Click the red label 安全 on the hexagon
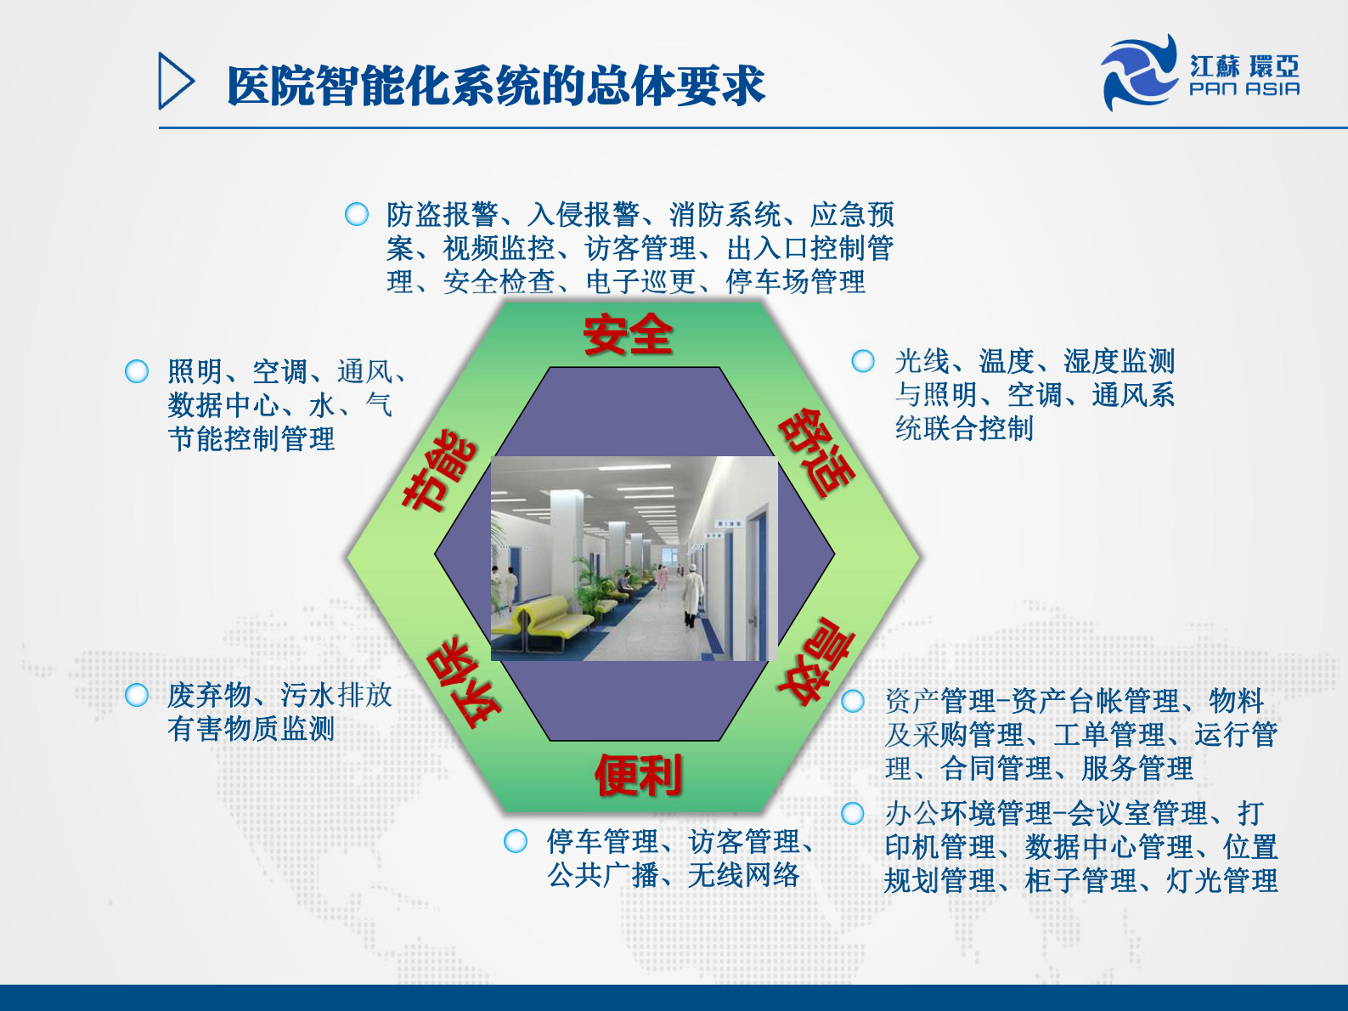[x=628, y=335]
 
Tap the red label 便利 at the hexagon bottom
[x=638, y=775]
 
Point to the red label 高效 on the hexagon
[x=814, y=661]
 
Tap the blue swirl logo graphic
[x=1139, y=72]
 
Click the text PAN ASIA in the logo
[x=1244, y=88]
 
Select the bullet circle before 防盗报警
[x=357, y=214]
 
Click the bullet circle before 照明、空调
[x=137, y=371]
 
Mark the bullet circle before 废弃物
[x=137, y=695]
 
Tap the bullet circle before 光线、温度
[x=863, y=361]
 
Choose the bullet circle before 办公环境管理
[x=853, y=813]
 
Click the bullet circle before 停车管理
[x=516, y=841]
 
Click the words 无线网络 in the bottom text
[x=744, y=875]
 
